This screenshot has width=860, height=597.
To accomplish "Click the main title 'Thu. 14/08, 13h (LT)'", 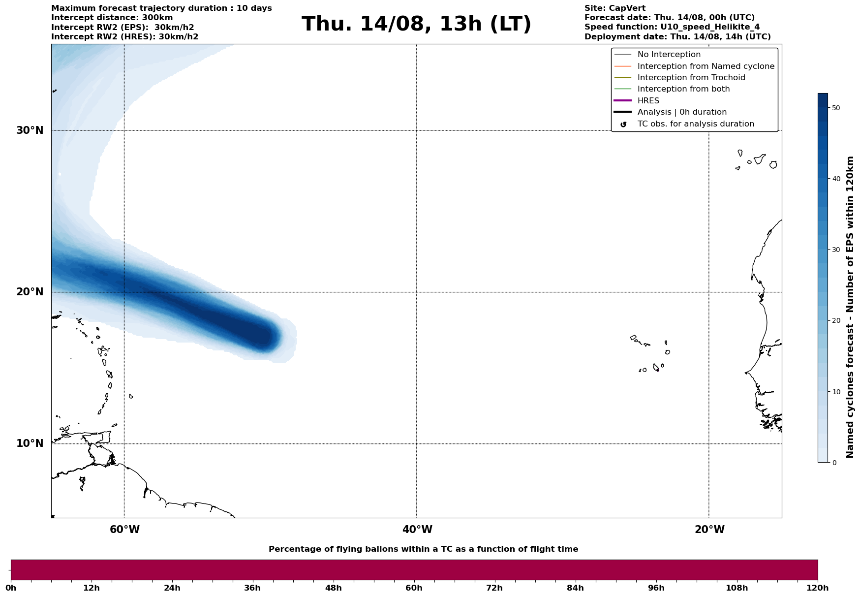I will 416,24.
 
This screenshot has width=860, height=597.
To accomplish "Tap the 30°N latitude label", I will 30,130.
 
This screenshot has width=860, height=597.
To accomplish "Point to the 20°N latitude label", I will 30,292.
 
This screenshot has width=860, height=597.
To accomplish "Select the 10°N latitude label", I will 30,443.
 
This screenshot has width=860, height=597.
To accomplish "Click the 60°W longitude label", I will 124,530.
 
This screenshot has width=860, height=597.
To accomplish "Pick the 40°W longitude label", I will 417,530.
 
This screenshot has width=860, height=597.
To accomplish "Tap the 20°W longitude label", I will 709,530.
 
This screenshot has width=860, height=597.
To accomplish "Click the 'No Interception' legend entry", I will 669,55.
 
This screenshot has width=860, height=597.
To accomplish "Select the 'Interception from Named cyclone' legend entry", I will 706,66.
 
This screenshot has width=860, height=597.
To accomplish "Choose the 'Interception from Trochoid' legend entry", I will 691,78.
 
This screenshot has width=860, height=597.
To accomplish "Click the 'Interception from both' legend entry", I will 683,89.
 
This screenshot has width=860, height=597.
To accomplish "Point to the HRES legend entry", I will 648,101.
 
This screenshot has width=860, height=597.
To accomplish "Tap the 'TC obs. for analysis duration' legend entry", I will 695,124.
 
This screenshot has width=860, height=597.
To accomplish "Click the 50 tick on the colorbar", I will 835,108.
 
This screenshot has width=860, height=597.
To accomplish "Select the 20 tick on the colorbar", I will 835,321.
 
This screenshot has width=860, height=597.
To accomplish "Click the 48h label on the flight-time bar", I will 333,588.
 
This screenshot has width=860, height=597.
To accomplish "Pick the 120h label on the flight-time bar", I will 818,588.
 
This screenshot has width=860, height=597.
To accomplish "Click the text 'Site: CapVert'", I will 614,8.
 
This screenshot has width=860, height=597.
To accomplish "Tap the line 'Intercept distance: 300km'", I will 112,18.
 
